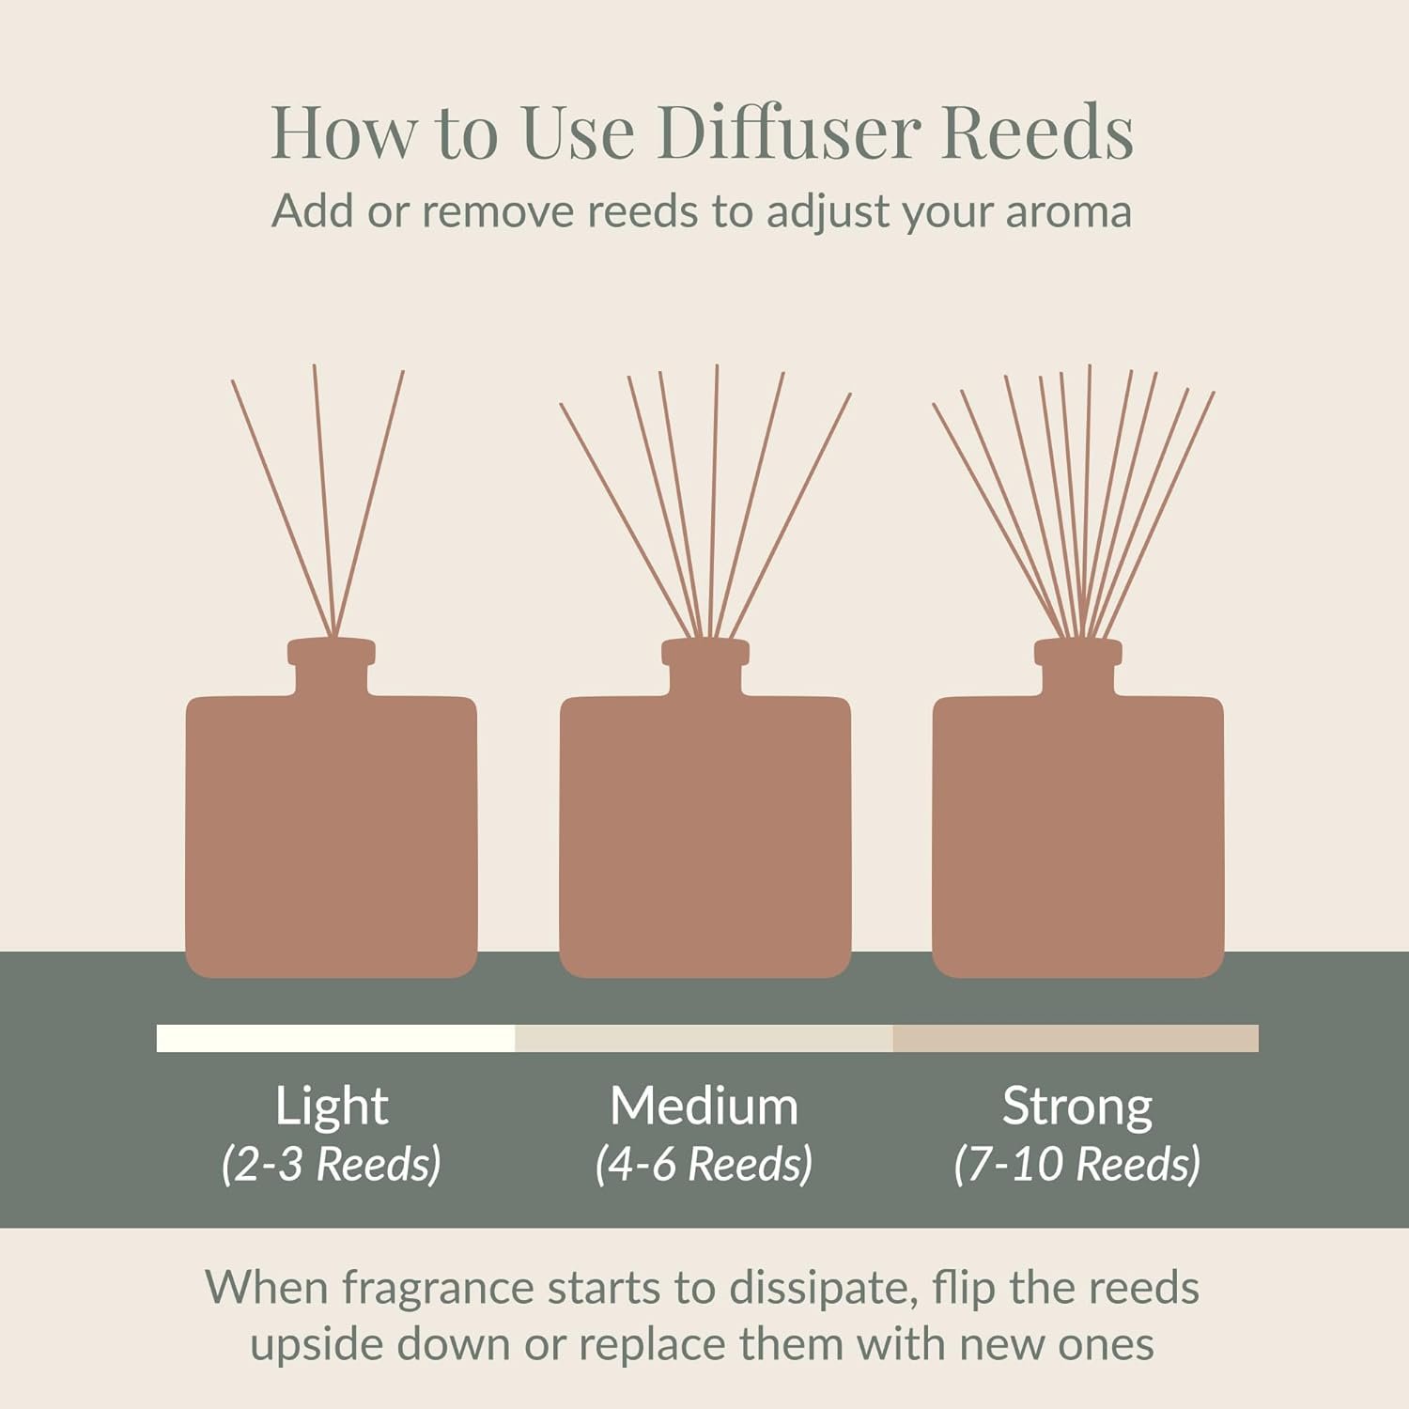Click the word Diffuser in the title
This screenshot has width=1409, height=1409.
pyautogui.click(x=787, y=131)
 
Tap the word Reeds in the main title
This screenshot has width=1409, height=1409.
pyautogui.click(x=1037, y=131)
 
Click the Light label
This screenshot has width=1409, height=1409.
pyautogui.click(x=332, y=1107)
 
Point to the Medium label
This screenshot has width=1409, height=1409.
pyautogui.click(x=704, y=1106)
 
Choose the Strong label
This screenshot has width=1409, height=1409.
pyautogui.click(x=1077, y=1107)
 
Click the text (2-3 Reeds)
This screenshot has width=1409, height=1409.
pyautogui.click(x=332, y=1164)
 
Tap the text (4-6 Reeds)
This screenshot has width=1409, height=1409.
pyautogui.click(x=704, y=1164)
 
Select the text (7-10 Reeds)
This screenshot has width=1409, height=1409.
pyautogui.click(x=1077, y=1164)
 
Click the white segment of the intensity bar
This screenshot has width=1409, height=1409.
pyautogui.click(x=336, y=1038)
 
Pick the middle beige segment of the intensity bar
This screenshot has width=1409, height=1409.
pyautogui.click(x=704, y=1038)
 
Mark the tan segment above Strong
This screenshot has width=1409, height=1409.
pyautogui.click(x=1076, y=1038)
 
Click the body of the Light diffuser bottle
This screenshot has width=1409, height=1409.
pyautogui.click(x=332, y=836)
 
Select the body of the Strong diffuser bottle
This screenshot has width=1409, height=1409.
pyautogui.click(x=1078, y=836)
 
